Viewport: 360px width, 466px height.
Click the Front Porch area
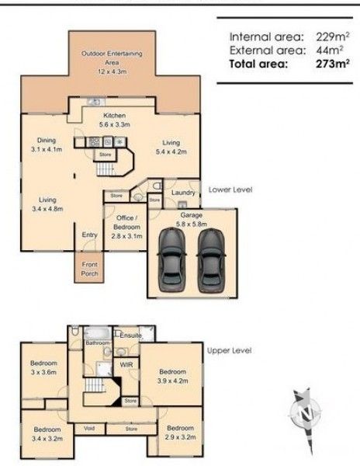coord(90,270)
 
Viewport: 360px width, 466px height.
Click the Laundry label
coord(182,193)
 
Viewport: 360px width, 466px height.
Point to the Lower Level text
coord(230,189)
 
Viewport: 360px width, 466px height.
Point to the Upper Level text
coord(229,350)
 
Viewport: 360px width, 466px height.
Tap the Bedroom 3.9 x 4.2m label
coord(173,376)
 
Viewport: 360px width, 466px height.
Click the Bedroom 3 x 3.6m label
coord(43,367)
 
